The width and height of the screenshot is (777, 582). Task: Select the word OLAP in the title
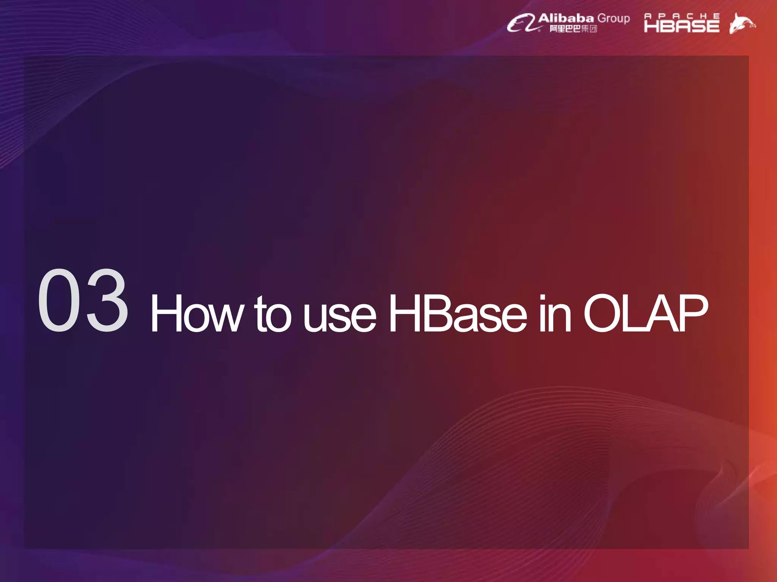point(645,314)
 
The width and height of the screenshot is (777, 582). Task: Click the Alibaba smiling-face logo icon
point(522,23)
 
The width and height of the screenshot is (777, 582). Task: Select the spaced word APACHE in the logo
point(682,16)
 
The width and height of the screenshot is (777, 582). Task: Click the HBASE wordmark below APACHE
point(682,26)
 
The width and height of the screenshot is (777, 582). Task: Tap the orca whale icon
point(742,23)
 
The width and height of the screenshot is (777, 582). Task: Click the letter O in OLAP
point(603,314)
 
